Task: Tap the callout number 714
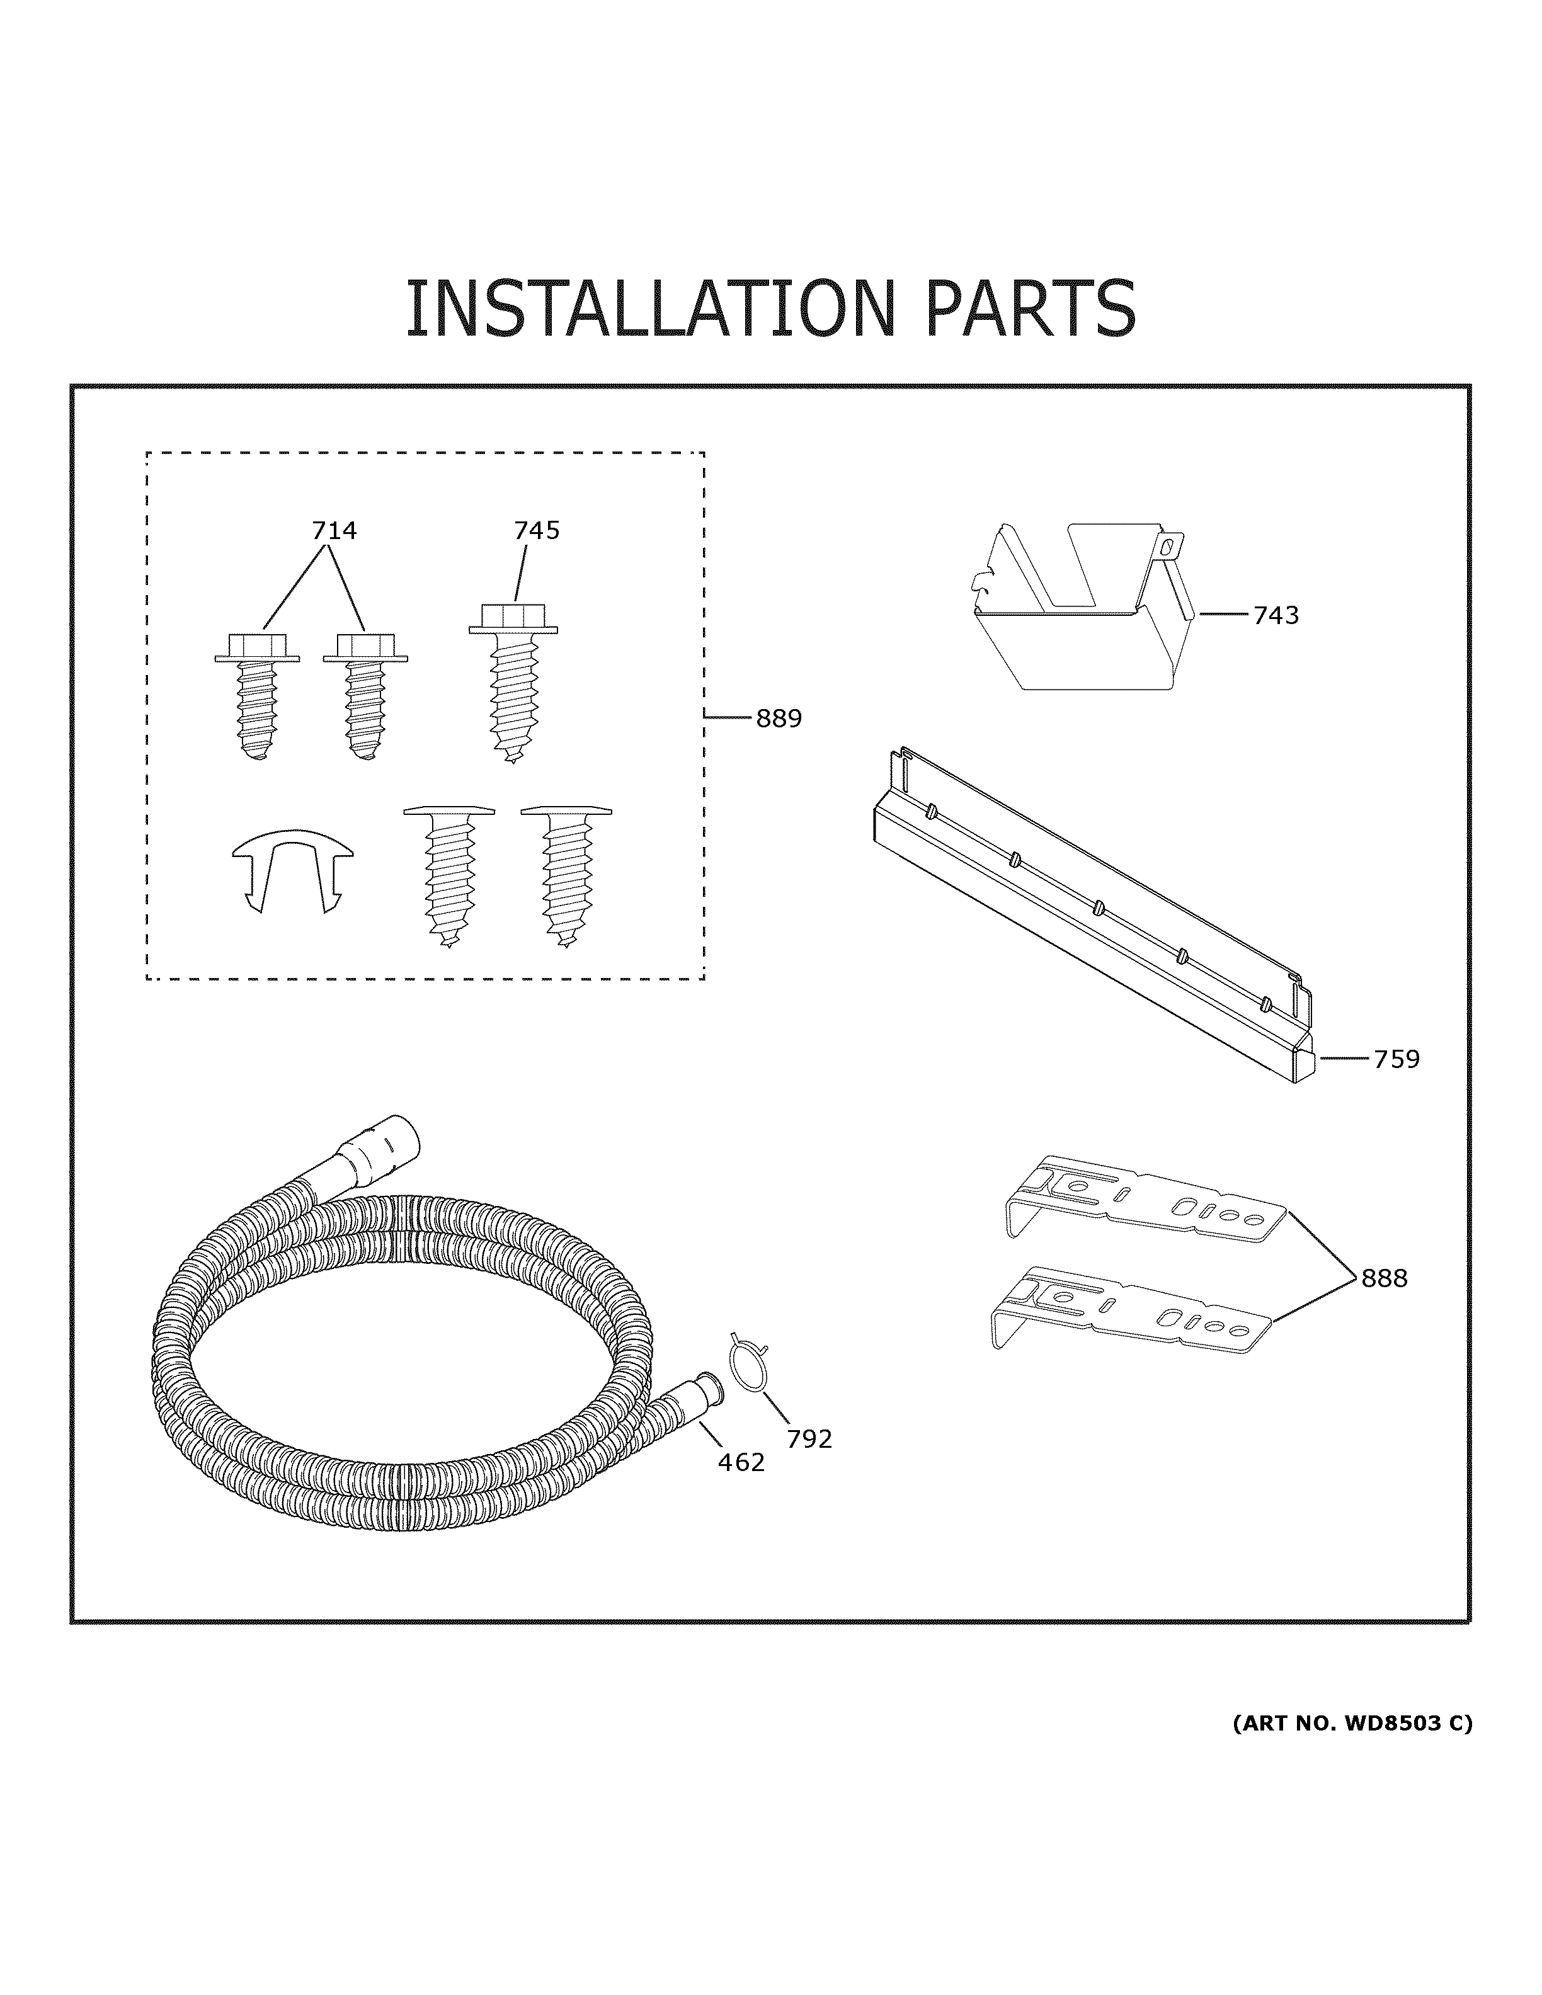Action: pos(334,530)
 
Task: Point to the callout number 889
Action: pos(779,719)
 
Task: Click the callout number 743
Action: pos(1276,616)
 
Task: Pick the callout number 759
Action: pos(1396,1060)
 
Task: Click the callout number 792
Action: pos(809,1439)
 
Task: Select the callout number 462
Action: pos(741,1462)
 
